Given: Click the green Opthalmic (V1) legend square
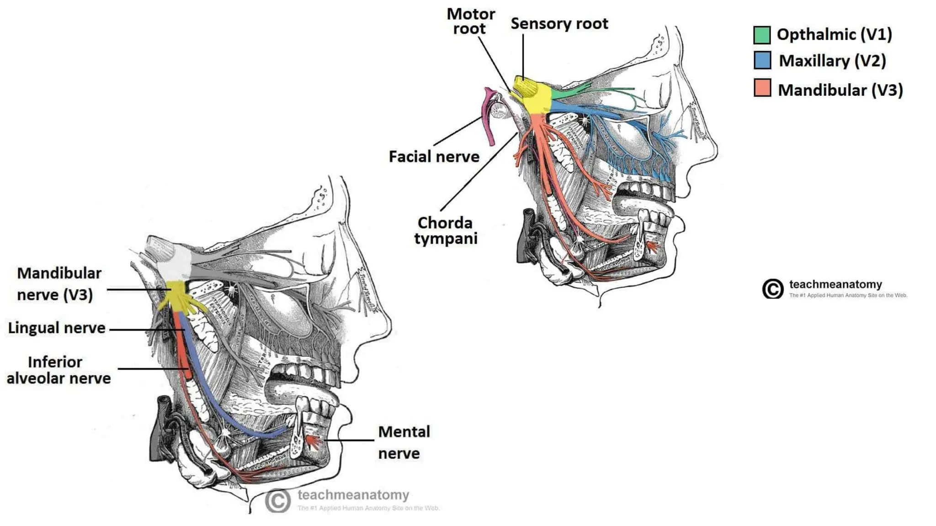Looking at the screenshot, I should tap(762, 35).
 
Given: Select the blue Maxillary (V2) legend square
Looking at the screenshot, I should tap(762, 60).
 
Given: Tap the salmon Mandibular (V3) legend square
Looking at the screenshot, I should tap(762, 88).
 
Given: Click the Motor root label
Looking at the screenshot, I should tap(470, 21).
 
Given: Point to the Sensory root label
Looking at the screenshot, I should tap(559, 24).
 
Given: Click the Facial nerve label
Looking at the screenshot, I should tap(434, 157).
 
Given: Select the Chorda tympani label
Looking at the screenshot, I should tap(446, 231).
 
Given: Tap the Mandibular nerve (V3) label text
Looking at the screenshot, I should tap(58, 284).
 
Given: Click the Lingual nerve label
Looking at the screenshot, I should tap(57, 328).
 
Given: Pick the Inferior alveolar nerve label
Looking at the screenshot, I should tap(58, 370).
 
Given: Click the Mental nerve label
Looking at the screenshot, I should tap(404, 442).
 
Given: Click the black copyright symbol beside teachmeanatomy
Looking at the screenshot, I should tap(772, 289).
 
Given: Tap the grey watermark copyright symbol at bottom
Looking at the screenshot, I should tap(277, 501).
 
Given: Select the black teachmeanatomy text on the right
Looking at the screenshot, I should tap(835, 284).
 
